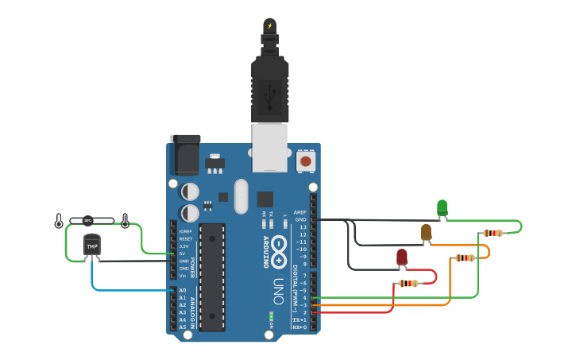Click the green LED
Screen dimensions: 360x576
[443, 208]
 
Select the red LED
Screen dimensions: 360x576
[402, 257]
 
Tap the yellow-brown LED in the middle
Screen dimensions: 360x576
[426, 231]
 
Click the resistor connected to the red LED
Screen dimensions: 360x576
[408, 283]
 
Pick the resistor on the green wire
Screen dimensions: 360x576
[493, 233]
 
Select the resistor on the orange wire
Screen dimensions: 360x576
[465, 257]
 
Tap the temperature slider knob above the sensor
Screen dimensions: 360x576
[88, 221]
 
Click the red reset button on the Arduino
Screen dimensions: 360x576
[304, 161]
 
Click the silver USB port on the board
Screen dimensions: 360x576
[270, 147]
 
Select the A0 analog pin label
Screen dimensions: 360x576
[182, 290]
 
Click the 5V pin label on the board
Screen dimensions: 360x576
[184, 254]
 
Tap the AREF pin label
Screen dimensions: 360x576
[300, 213]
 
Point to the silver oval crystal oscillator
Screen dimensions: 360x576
[242, 196]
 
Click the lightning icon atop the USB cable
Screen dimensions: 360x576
[270, 25]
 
